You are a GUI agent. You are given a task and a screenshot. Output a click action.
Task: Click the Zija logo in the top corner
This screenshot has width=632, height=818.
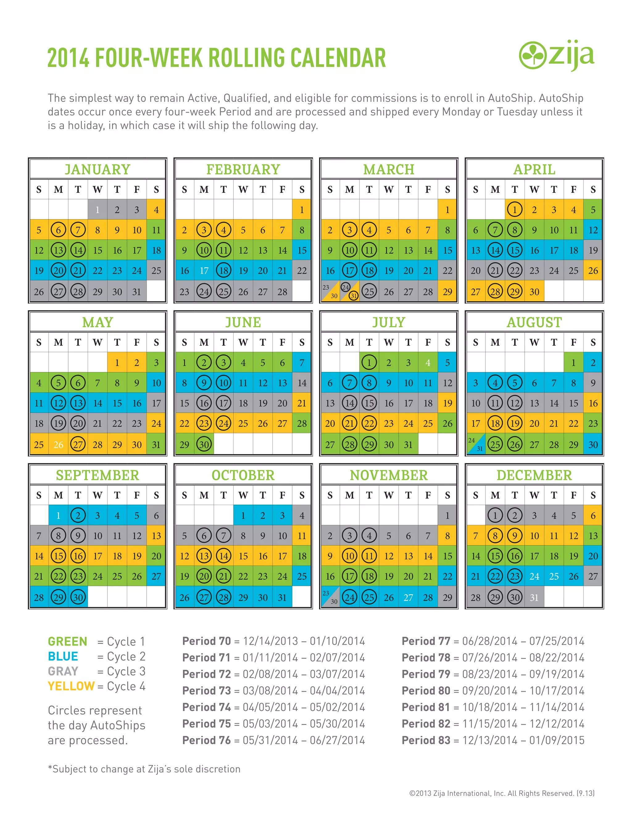click(x=556, y=56)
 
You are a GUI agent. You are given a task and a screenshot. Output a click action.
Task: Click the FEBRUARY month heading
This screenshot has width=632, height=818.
click(x=243, y=169)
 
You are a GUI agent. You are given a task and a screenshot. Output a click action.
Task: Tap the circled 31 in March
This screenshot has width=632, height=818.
click(x=353, y=295)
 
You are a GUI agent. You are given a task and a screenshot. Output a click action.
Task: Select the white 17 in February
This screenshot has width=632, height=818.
click(x=204, y=270)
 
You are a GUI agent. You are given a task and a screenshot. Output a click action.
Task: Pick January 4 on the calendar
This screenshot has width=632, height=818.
click(x=156, y=210)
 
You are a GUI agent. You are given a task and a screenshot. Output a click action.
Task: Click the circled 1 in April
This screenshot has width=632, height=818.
click(x=515, y=210)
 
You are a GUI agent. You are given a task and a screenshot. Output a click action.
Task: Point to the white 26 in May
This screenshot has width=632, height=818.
click(x=58, y=444)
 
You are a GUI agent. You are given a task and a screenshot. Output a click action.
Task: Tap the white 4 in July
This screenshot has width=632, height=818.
click(x=428, y=363)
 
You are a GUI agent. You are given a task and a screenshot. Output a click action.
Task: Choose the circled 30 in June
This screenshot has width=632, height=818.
click(x=204, y=444)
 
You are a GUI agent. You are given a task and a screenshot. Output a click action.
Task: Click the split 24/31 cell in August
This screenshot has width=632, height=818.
click(x=476, y=444)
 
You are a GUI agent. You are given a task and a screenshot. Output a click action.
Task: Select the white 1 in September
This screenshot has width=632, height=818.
click(x=58, y=515)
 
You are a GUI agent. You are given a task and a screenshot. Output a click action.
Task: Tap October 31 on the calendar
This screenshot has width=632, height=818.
click(x=282, y=597)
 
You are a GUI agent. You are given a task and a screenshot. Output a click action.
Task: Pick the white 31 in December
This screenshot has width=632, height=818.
click(x=534, y=597)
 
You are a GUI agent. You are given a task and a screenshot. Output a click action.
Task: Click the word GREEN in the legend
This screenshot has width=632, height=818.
click(x=67, y=642)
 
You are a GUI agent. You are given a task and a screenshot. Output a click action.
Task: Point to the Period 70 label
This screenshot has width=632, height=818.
click(x=206, y=641)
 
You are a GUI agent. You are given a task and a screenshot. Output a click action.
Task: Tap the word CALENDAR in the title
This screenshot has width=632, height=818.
click(x=338, y=58)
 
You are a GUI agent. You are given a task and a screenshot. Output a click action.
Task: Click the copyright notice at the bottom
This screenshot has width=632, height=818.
click(x=502, y=793)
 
